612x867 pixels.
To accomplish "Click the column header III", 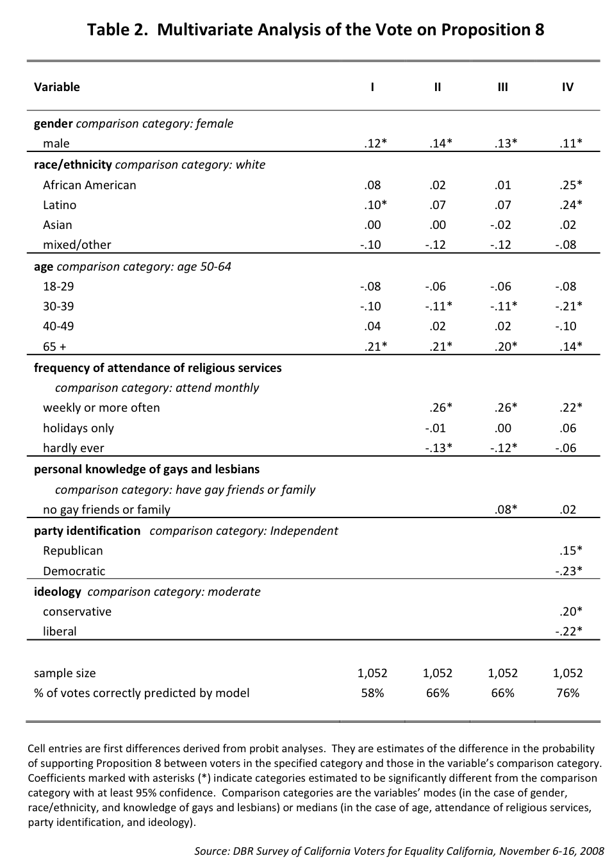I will [x=502, y=87].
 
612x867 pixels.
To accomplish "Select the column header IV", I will [x=568, y=87].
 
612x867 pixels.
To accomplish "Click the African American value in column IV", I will [x=570, y=185].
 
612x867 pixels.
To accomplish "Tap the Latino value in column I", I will [x=375, y=205].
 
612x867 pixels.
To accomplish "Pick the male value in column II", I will [x=441, y=144].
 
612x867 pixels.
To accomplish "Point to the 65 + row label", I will [x=54, y=347].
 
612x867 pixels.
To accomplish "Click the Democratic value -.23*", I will [x=568, y=571].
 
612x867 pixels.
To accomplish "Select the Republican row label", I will [x=73, y=551].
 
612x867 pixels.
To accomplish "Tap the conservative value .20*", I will [x=570, y=612].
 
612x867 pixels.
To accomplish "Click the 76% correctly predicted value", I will [x=568, y=693].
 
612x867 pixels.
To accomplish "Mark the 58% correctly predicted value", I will [x=372, y=693].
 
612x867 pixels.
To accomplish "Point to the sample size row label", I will [x=65, y=673].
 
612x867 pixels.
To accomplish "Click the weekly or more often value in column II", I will [x=441, y=408].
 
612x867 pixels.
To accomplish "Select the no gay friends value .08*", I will [x=506, y=510].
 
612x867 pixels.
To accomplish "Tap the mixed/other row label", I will [x=77, y=245].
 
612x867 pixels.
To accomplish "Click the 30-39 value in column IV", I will [x=568, y=307].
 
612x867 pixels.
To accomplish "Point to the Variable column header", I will [x=57, y=87].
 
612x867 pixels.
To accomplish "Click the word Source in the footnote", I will [x=211, y=852].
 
